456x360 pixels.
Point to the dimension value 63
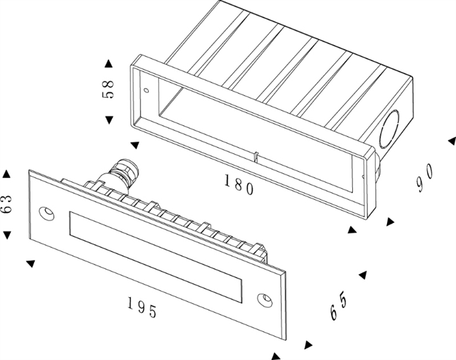[x=7, y=204]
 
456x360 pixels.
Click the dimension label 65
[x=338, y=307]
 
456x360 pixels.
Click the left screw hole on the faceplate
[x=46, y=212]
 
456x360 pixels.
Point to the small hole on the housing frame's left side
[x=146, y=89]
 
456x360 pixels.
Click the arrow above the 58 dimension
[x=108, y=63]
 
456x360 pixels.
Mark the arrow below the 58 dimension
[x=108, y=119]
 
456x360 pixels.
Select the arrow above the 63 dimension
[x=7, y=173]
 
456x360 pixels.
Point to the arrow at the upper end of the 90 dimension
[x=451, y=140]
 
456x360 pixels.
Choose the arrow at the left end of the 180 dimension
[x=134, y=145]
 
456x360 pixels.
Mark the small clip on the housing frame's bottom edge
[x=254, y=157]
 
